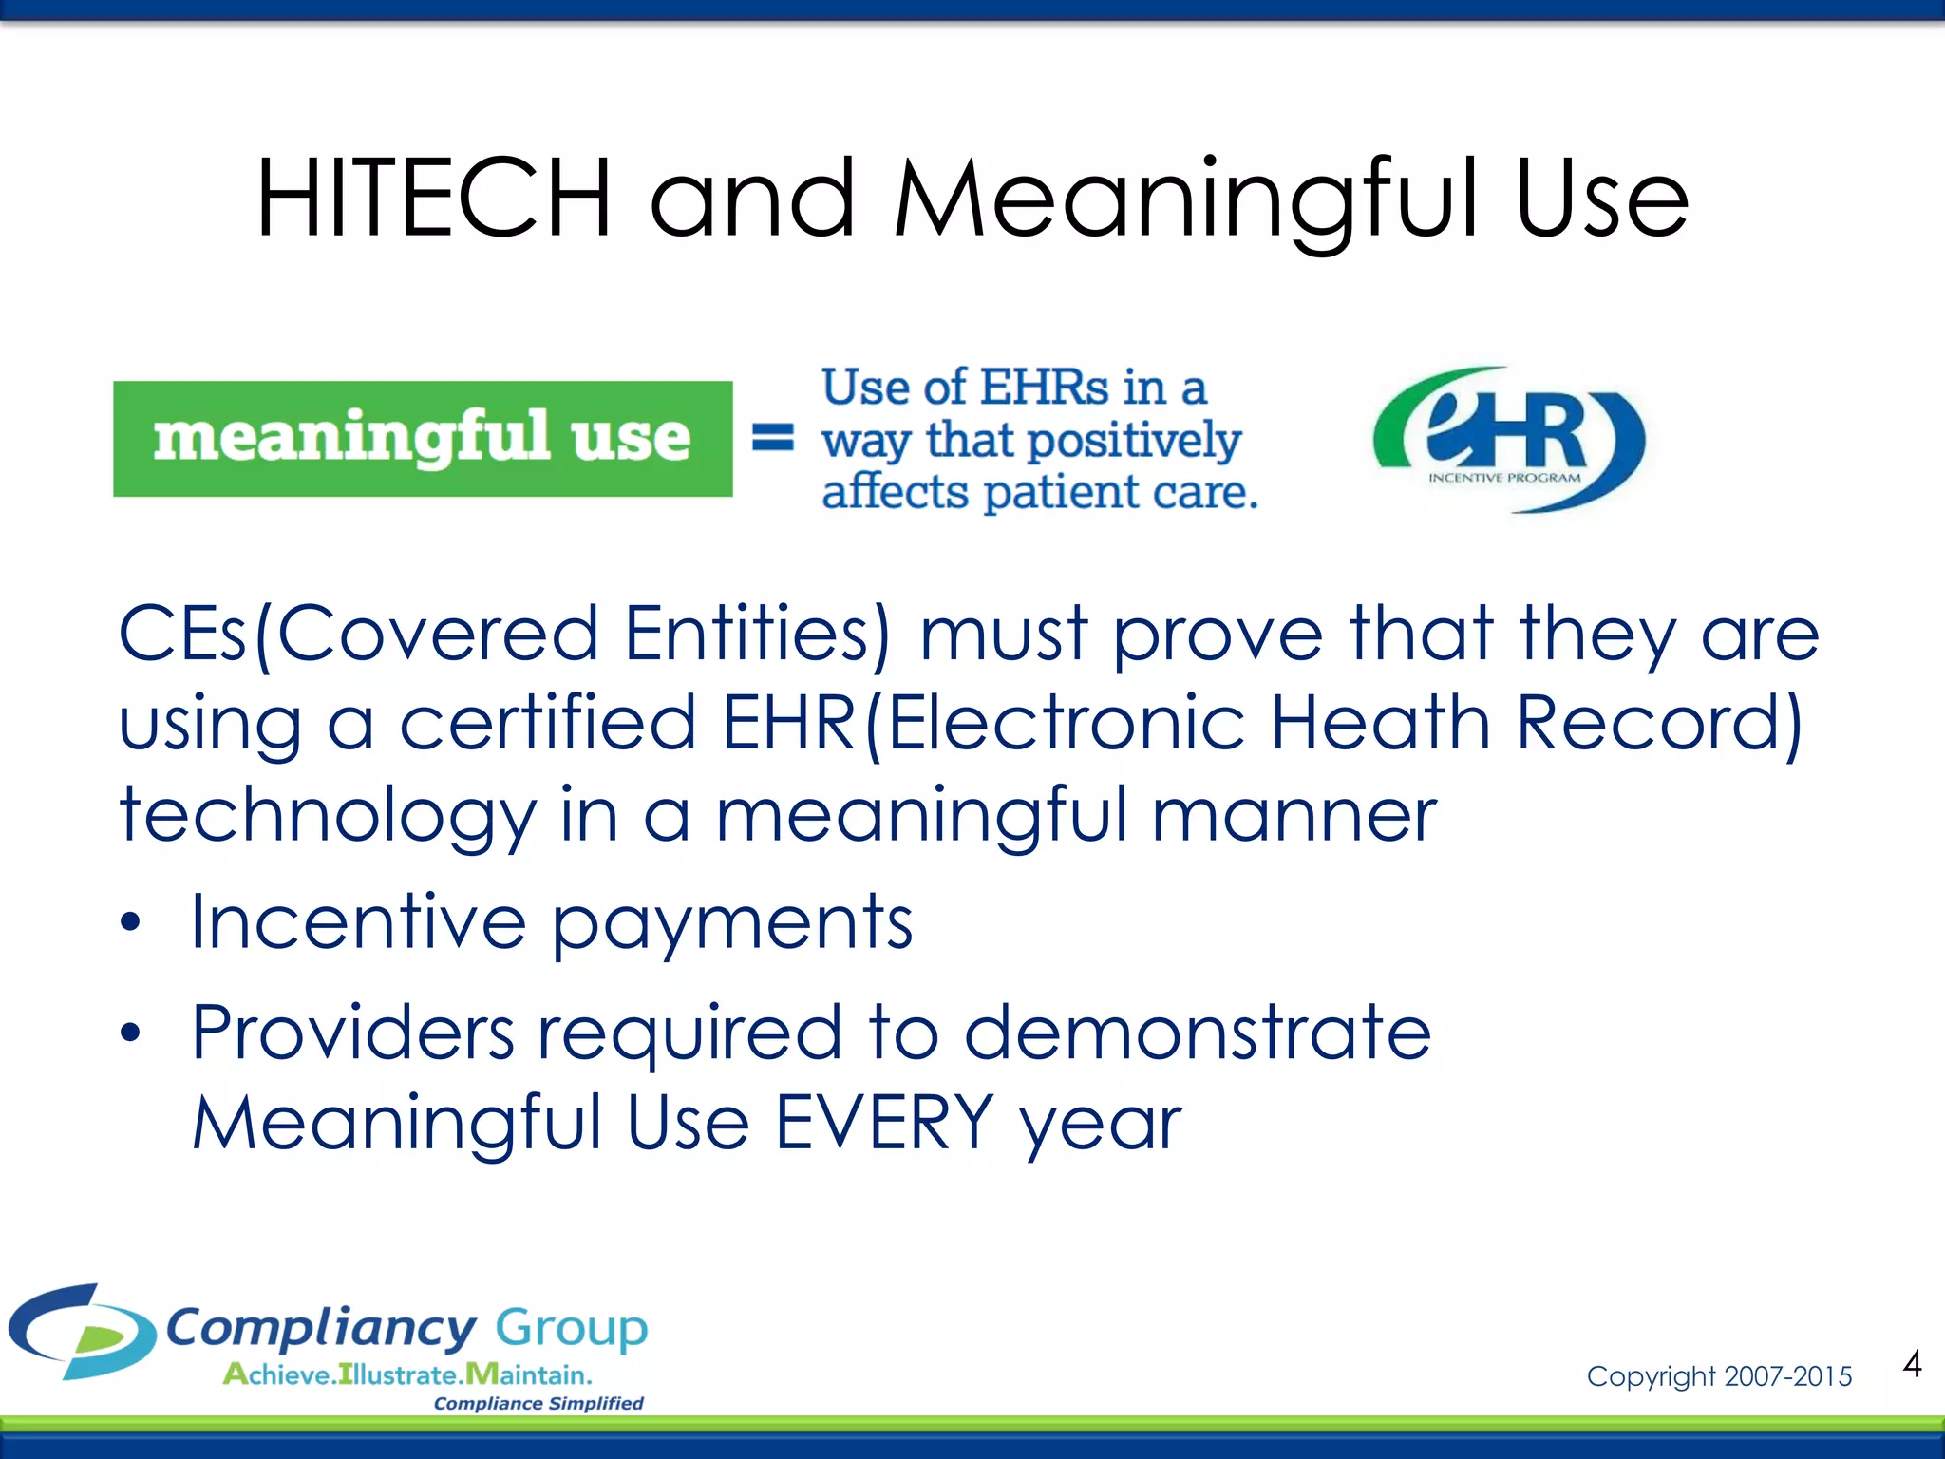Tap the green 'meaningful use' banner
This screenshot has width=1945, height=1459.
click(423, 439)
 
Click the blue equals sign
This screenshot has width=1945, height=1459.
click(773, 438)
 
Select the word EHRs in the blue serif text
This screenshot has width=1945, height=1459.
click(1045, 388)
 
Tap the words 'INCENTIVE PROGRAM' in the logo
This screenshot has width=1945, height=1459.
click(1504, 478)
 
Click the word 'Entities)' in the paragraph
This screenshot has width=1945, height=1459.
click(758, 634)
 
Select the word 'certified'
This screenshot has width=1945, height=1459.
click(548, 723)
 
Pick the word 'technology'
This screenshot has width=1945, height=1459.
click(328, 816)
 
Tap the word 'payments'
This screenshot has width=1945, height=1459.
click(732, 923)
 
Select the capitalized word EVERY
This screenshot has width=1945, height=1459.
click(884, 1123)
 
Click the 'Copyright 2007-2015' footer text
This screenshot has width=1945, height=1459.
click(1719, 1375)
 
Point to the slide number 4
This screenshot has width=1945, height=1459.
click(1912, 1364)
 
